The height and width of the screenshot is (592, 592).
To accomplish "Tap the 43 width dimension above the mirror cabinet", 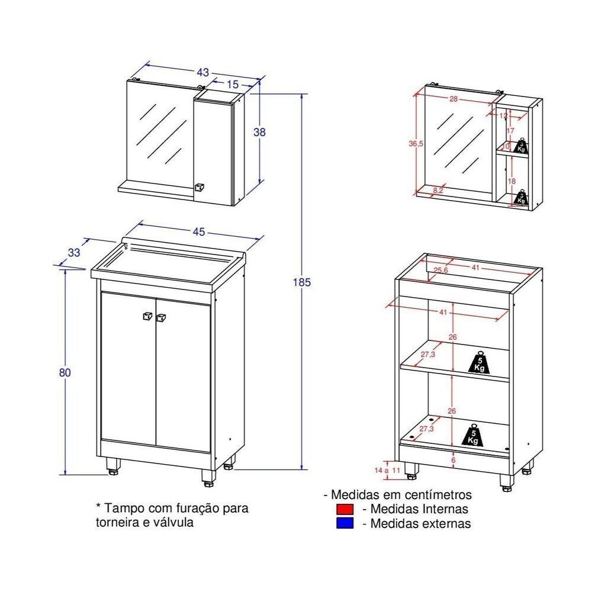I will click(x=202, y=73).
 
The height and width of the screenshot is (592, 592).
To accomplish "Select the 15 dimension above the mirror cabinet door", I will click(x=233, y=85).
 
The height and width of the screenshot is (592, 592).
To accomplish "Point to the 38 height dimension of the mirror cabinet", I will click(x=259, y=133).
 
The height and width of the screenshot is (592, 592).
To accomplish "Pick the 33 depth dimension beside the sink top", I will click(x=73, y=252).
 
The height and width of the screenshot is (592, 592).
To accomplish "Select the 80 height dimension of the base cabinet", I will click(x=65, y=372).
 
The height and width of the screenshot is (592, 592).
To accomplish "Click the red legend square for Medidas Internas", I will click(x=344, y=509).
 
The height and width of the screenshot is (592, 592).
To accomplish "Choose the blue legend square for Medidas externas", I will click(x=344, y=523).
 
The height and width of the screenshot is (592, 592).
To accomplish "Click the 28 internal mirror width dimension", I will click(x=453, y=99).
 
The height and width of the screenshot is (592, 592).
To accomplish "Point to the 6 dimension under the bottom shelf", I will click(x=453, y=460).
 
